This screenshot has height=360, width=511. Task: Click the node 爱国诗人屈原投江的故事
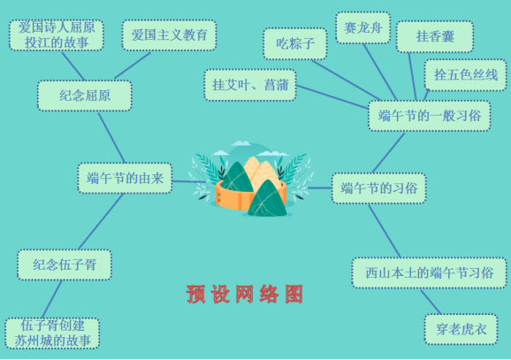(57, 35)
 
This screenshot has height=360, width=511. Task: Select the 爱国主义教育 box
(169, 35)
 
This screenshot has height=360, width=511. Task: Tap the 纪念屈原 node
(85, 96)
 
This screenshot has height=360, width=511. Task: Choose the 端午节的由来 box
(125, 178)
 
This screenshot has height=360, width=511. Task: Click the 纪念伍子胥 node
(65, 264)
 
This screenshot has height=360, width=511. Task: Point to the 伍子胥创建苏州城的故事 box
(52, 333)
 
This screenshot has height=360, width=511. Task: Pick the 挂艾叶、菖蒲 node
(250, 85)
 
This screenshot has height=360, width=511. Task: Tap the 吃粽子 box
(295, 43)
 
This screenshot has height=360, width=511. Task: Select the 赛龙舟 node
(363, 27)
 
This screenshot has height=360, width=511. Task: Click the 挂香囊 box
(435, 36)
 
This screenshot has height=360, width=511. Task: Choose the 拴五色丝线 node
(465, 75)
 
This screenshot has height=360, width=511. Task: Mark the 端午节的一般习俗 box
(430, 116)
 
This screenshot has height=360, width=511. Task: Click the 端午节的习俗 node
(379, 188)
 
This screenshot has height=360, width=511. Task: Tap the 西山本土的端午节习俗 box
(430, 272)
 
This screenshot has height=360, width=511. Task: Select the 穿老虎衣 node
(461, 329)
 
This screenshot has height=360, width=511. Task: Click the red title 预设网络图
(245, 295)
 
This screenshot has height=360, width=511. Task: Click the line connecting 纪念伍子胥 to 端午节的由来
(101, 222)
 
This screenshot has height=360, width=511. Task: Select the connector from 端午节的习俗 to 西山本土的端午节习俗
(385, 231)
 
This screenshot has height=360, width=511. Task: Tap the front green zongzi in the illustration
(267, 199)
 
